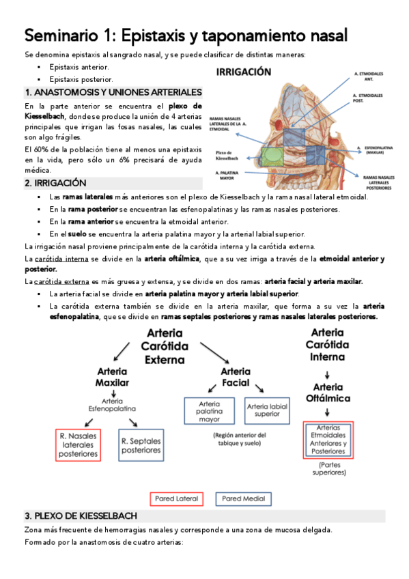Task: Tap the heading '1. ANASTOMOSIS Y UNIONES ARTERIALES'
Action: (x=113, y=92)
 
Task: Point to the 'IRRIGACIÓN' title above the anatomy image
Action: (x=244, y=72)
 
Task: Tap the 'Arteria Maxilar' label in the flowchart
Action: (x=111, y=376)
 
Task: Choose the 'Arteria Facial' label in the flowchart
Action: (x=236, y=377)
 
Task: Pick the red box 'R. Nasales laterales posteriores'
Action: (x=78, y=444)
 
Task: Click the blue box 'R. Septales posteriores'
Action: (x=141, y=445)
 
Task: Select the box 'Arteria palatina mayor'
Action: (x=209, y=411)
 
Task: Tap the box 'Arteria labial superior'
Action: (x=267, y=410)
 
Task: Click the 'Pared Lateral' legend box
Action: (x=175, y=498)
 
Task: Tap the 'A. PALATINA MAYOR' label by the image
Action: (x=229, y=176)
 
